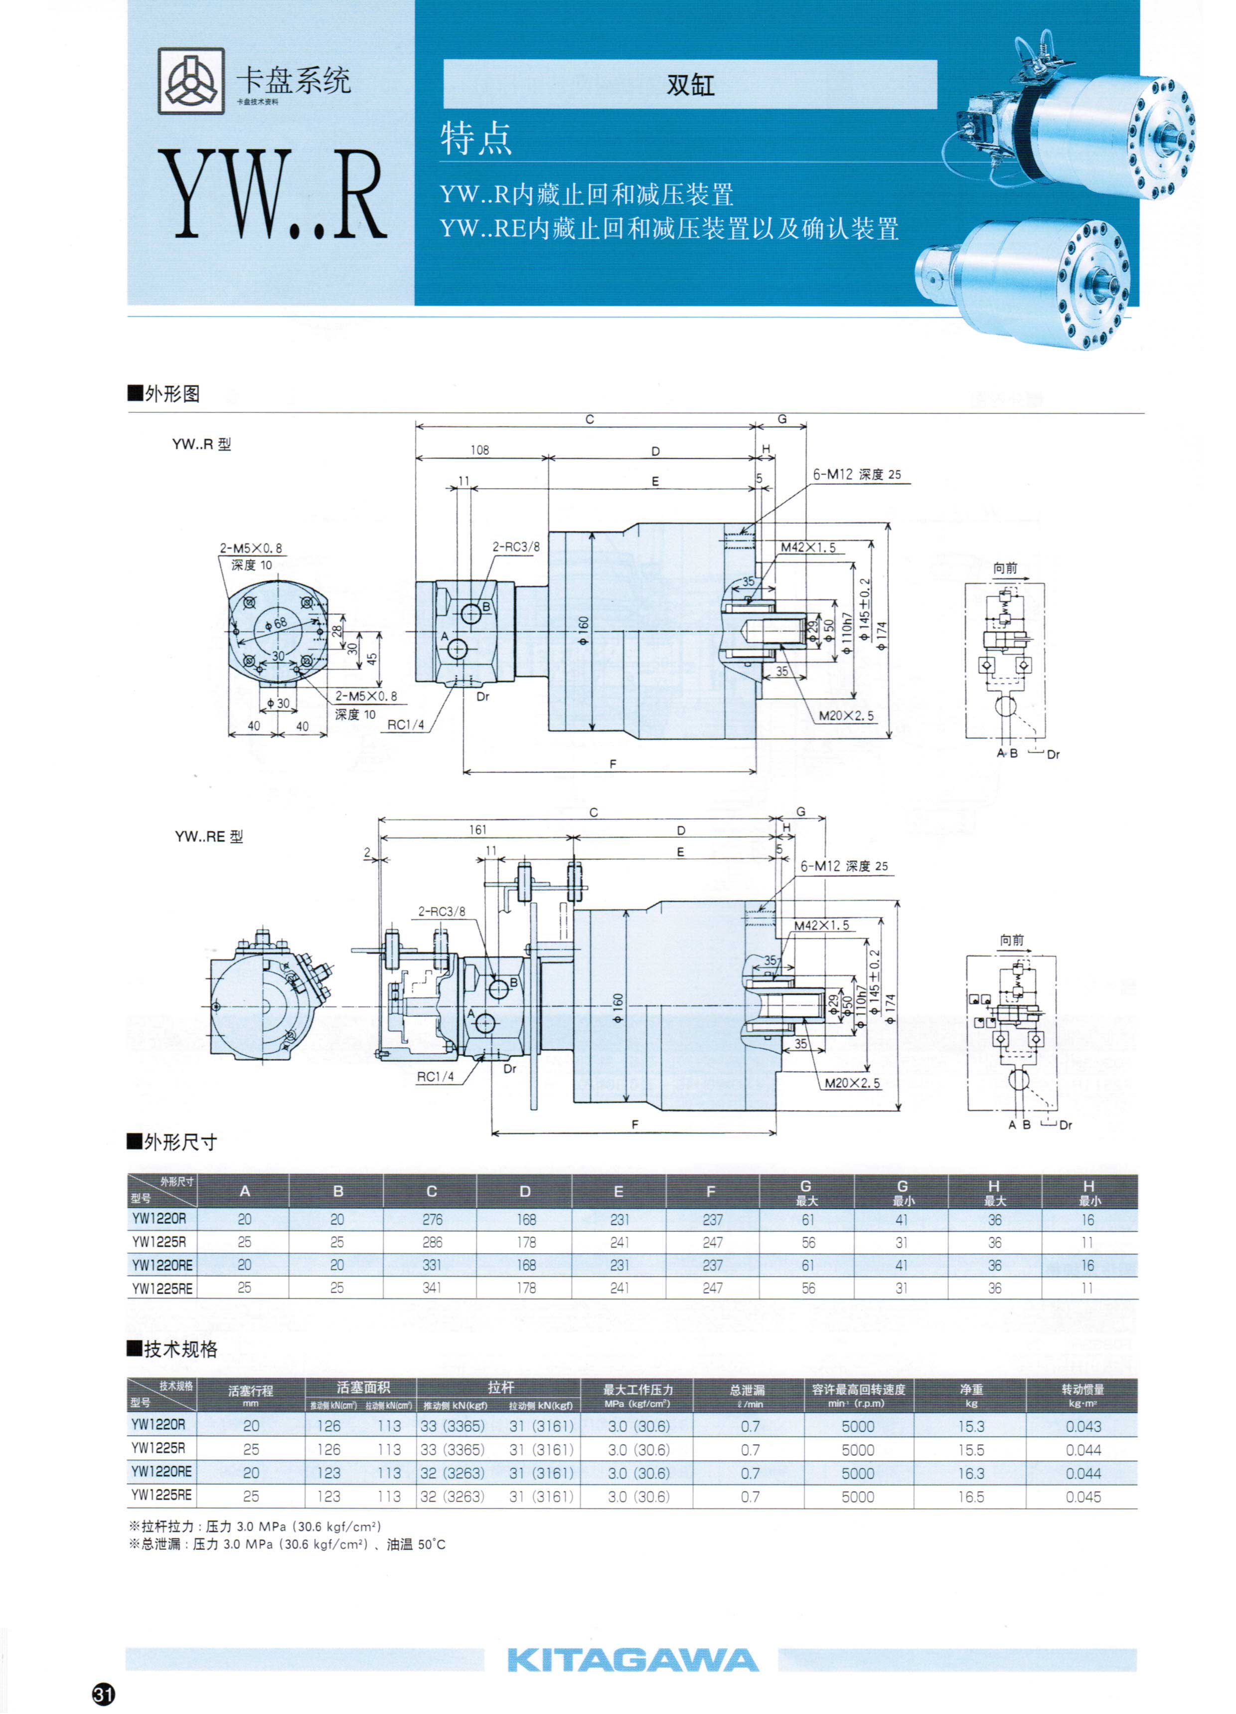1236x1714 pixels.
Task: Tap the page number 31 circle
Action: pos(104,1695)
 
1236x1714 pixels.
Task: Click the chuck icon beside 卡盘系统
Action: pos(191,81)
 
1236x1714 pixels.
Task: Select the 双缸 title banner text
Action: pos(690,85)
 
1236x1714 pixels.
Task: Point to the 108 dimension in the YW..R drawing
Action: pos(480,450)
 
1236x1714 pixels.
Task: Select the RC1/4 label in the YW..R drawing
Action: pos(406,725)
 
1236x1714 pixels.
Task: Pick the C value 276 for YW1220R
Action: pos(432,1220)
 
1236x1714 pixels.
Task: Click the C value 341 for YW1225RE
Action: pos(432,1288)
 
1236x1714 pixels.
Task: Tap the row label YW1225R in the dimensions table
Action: pos(159,1242)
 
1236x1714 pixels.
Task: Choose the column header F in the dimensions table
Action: pos(711,1192)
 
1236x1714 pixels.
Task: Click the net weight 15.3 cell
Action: pos(971,1426)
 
